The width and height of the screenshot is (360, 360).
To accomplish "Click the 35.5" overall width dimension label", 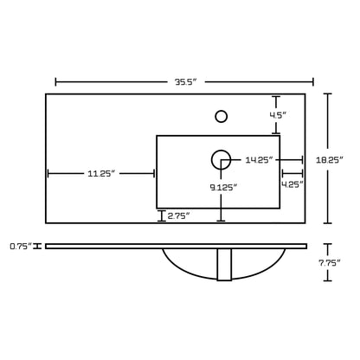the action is (186, 82).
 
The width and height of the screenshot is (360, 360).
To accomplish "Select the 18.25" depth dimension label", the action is (330, 160).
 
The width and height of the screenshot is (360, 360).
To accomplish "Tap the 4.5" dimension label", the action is (278, 115).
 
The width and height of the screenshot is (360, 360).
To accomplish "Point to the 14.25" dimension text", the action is (259, 160).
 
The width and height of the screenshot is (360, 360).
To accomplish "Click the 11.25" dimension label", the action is (101, 174).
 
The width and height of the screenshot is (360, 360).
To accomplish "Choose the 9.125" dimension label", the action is (223, 188).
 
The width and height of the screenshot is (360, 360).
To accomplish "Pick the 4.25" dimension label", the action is (292, 184).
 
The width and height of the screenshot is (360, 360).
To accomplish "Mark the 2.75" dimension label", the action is (178, 215).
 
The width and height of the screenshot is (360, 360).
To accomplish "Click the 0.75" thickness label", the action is (21, 247).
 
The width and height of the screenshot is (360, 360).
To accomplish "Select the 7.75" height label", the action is (330, 263).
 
